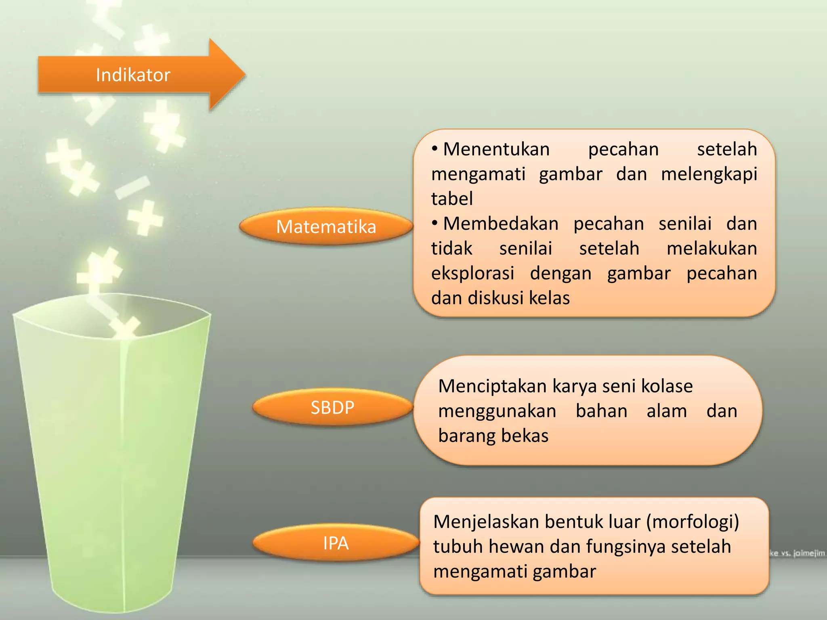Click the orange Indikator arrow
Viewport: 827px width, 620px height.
point(133,75)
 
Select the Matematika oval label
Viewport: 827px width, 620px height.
point(326,226)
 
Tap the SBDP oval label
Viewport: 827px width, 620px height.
point(332,407)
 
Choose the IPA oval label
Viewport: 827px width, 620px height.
point(336,543)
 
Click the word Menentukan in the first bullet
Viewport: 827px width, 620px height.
point(496,149)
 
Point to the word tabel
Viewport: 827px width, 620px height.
point(452,199)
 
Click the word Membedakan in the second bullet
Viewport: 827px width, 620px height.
point(501,224)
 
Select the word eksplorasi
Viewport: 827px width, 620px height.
point(472,274)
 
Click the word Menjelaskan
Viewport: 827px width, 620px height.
point(486,522)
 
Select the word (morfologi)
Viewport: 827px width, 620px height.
point(693,522)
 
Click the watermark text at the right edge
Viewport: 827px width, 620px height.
point(797,553)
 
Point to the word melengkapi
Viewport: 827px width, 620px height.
point(709,174)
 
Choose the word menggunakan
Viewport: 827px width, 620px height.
point(497,411)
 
